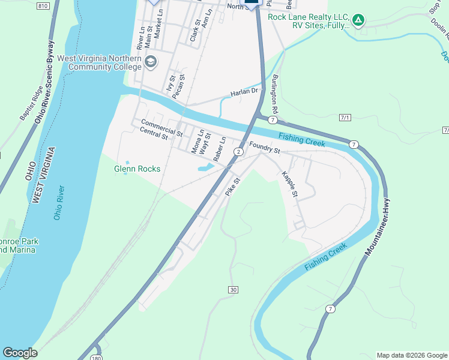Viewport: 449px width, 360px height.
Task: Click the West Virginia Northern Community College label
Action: coord(99,63)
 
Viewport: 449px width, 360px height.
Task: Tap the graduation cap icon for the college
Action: coord(150,61)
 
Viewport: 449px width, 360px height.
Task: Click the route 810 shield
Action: coord(42,5)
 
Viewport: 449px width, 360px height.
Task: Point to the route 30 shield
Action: coord(233,290)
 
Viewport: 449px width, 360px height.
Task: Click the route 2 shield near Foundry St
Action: coord(239,152)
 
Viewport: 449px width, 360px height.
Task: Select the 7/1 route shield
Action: coord(344,117)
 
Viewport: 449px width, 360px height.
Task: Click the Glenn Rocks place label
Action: coord(137,169)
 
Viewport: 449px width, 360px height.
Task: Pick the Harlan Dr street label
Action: coord(244,92)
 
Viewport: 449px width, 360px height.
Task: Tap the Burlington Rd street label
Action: coord(275,95)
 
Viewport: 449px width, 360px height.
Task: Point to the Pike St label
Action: coord(232,186)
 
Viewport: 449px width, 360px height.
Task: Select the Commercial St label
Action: coord(161,127)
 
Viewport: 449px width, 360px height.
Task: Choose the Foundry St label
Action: coord(265,147)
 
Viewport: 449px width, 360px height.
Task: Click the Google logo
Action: coord(20,353)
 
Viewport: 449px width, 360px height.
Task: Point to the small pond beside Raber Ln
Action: coord(203,167)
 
